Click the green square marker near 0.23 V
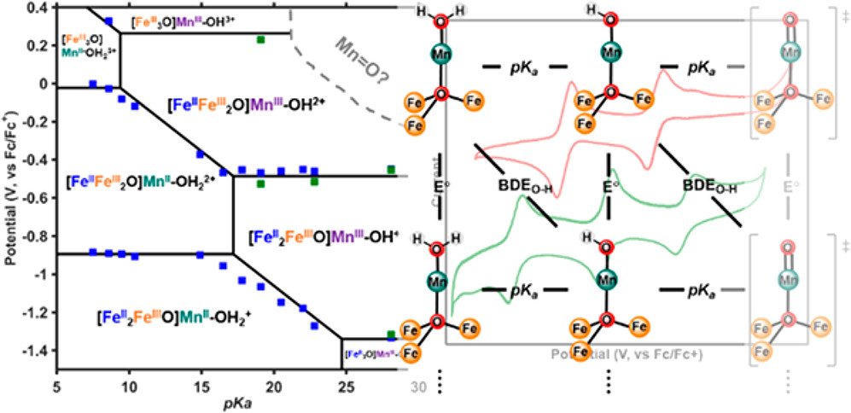[261, 39]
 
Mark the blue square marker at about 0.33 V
[108, 20]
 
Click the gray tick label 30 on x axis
[418, 386]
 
